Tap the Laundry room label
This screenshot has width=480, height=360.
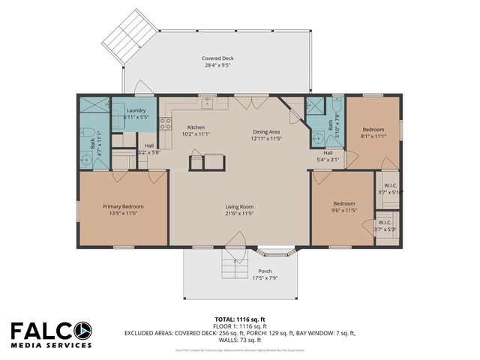tap(136, 110)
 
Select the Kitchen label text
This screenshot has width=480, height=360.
tap(196, 127)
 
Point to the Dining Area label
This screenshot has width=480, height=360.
tap(266, 132)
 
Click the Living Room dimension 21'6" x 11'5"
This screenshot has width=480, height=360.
tap(239, 214)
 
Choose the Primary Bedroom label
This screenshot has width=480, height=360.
tap(123, 206)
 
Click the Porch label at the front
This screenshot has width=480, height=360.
tap(265, 271)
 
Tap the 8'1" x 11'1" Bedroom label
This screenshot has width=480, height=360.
tap(373, 129)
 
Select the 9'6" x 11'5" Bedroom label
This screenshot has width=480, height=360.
tap(343, 203)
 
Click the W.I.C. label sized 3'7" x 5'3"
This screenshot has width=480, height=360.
tap(385, 223)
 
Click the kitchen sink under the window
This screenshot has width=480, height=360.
tap(208, 103)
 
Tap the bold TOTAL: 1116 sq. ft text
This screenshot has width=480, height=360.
tap(239, 319)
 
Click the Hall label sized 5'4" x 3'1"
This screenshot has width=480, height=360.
tap(328, 155)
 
